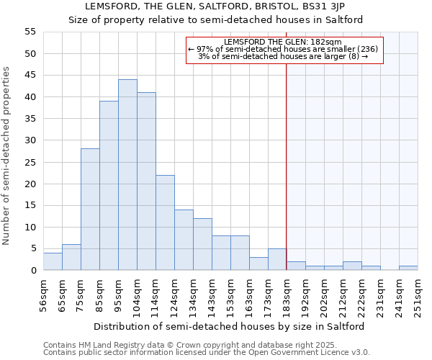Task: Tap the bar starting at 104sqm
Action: click(146, 181)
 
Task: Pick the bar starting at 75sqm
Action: click(90, 210)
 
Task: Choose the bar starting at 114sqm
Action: click(165, 222)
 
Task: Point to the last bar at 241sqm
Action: click(408, 268)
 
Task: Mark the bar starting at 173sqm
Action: click(277, 259)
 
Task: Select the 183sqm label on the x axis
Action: click(287, 294)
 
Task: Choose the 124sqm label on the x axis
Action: click(174, 294)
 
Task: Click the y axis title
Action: click(6, 156)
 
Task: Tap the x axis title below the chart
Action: click(229, 326)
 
